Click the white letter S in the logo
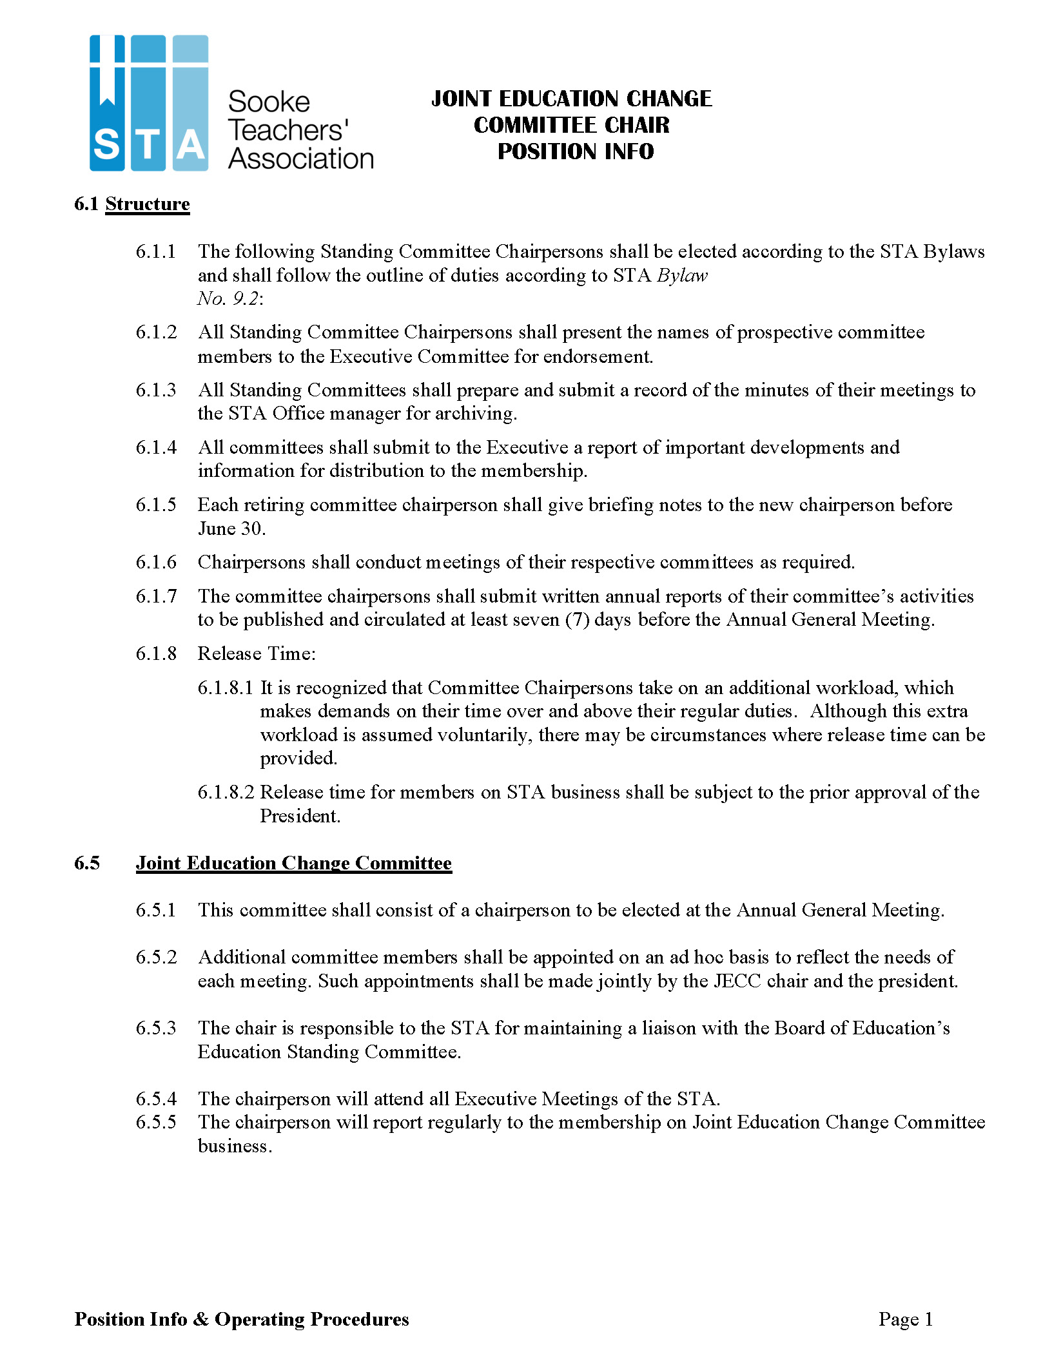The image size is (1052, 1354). pyautogui.click(x=106, y=144)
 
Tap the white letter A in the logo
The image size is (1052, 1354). pyautogui.click(x=191, y=144)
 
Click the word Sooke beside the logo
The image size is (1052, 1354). pyautogui.click(x=269, y=102)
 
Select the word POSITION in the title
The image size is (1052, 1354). pyautogui.click(x=540, y=151)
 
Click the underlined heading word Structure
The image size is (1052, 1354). pyautogui.click(x=148, y=204)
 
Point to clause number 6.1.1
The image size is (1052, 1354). pyautogui.click(x=155, y=251)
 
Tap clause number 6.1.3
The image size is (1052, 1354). pyautogui.click(x=155, y=390)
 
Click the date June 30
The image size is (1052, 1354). pyautogui.click(x=231, y=528)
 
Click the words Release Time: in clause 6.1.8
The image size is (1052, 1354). pyautogui.click(x=257, y=653)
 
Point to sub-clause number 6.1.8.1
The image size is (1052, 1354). pyautogui.click(x=225, y=688)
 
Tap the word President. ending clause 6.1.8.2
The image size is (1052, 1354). pyautogui.click(x=300, y=816)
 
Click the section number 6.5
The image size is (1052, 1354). pyautogui.click(x=87, y=863)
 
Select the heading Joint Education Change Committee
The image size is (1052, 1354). pyautogui.click(x=293, y=863)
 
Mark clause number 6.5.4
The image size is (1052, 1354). pyautogui.click(x=155, y=1098)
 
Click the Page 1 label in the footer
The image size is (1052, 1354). pyautogui.click(x=905, y=1319)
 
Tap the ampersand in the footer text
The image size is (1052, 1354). pyautogui.click(x=201, y=1319)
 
